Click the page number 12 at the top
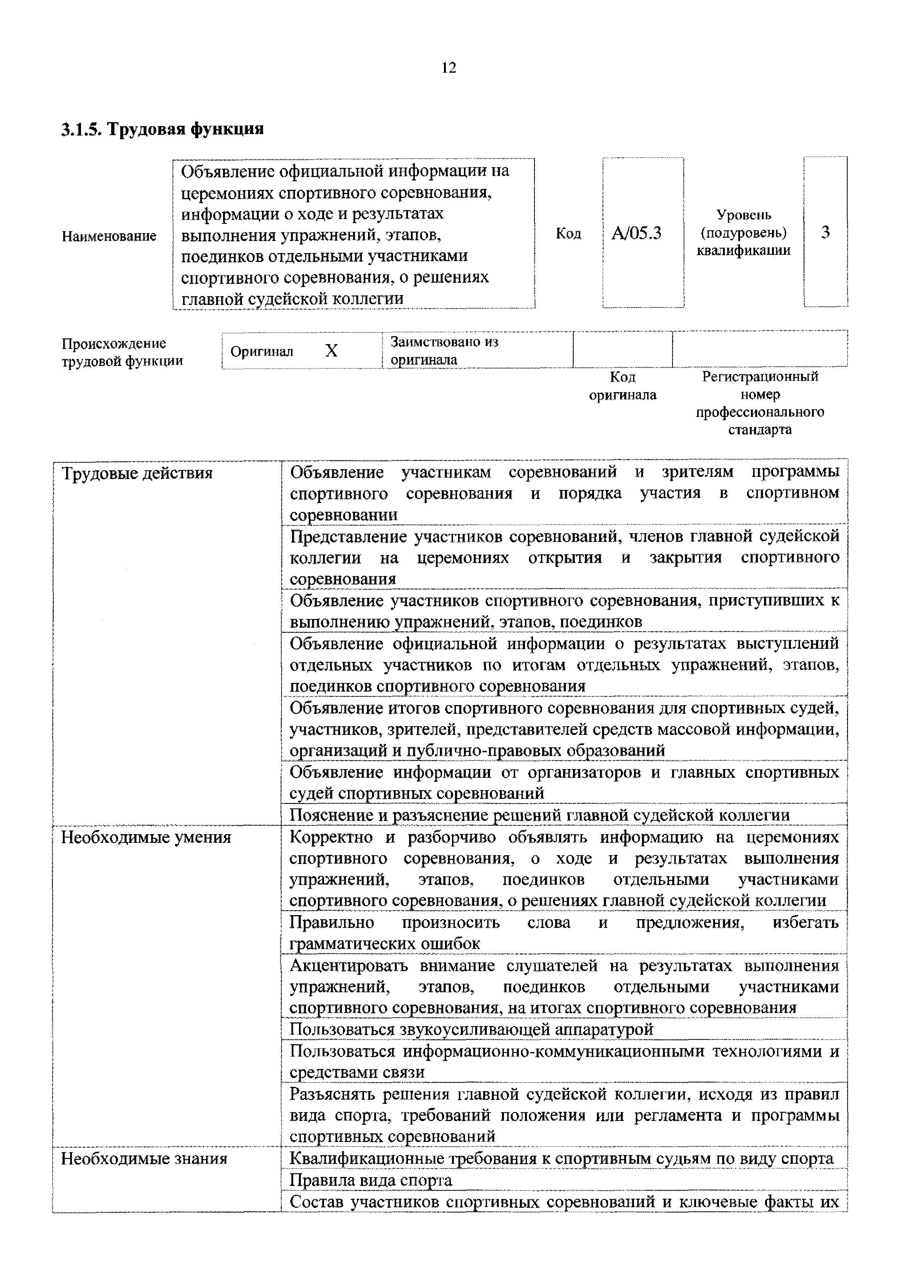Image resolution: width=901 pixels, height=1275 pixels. tap(449, 68)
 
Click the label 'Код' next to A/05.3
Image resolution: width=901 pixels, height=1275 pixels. tap(569, 234)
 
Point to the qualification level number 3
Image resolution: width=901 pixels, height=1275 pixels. tap(825, 233)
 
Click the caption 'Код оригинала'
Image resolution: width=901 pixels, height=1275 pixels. tap(622, 386)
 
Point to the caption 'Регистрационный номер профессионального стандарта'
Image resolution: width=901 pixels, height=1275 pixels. tap(760, 403)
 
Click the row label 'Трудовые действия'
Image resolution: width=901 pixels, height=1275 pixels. tap(137, 474)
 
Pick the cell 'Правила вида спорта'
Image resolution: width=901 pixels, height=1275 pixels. tap(371, 1180)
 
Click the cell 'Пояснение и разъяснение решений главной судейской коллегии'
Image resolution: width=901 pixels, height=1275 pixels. tap(539, 815)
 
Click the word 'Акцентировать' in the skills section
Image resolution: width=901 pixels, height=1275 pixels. tap(349, 966)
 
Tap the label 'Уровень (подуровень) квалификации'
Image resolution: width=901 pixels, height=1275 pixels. tap(743, 233)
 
